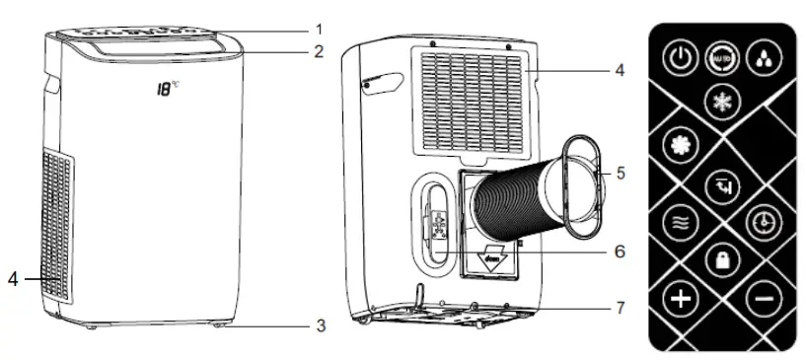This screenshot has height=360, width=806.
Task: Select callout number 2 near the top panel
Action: click(x=318, y=51)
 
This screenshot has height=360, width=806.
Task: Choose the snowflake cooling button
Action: click(x=721, y=101)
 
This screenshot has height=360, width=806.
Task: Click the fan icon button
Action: click(x=680, y=143)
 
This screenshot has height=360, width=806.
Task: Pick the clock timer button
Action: click(x=766, y=218)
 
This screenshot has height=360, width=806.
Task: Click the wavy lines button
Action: click(x=679, y=219)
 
